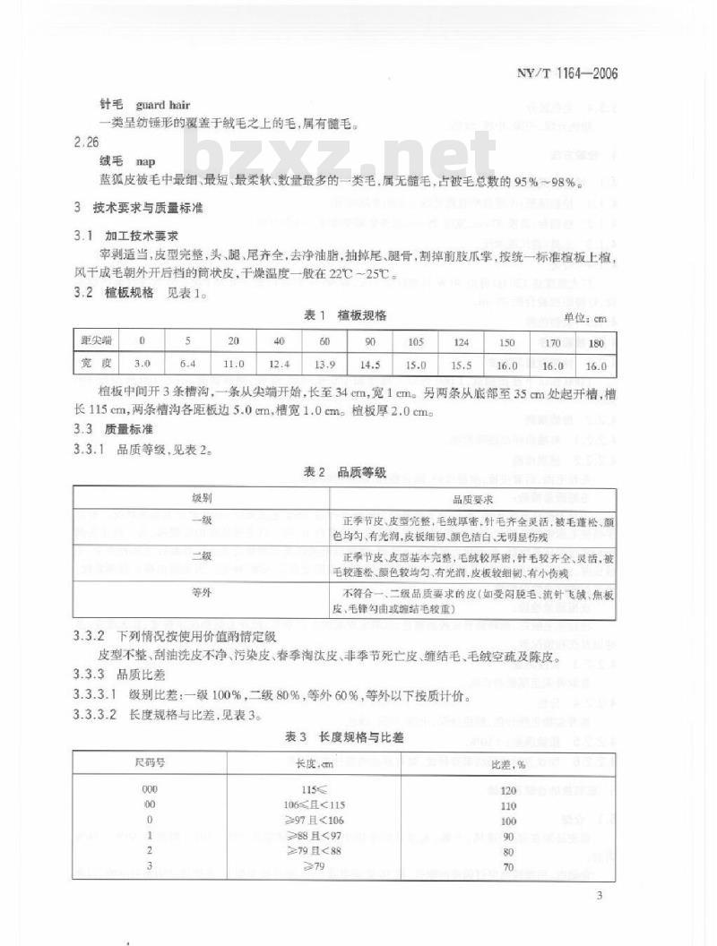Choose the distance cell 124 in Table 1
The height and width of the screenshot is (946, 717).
462,341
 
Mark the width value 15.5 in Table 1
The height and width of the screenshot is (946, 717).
462,365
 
